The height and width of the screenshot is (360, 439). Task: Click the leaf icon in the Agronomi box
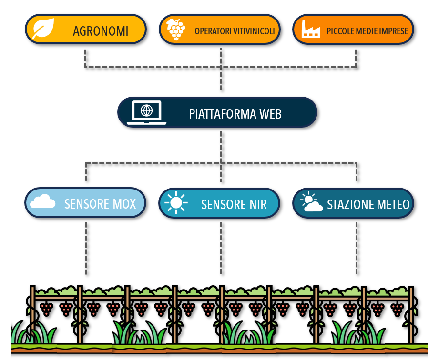coord(42,30)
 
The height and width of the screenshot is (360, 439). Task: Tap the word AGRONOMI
coord(101,31)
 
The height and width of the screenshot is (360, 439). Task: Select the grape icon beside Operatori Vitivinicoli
coord(176,30)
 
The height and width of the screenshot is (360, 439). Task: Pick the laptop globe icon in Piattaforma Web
coord(146,112)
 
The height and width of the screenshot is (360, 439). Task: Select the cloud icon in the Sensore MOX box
coord(43,203)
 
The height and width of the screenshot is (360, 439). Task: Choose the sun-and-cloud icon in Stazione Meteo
coord(311,202)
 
